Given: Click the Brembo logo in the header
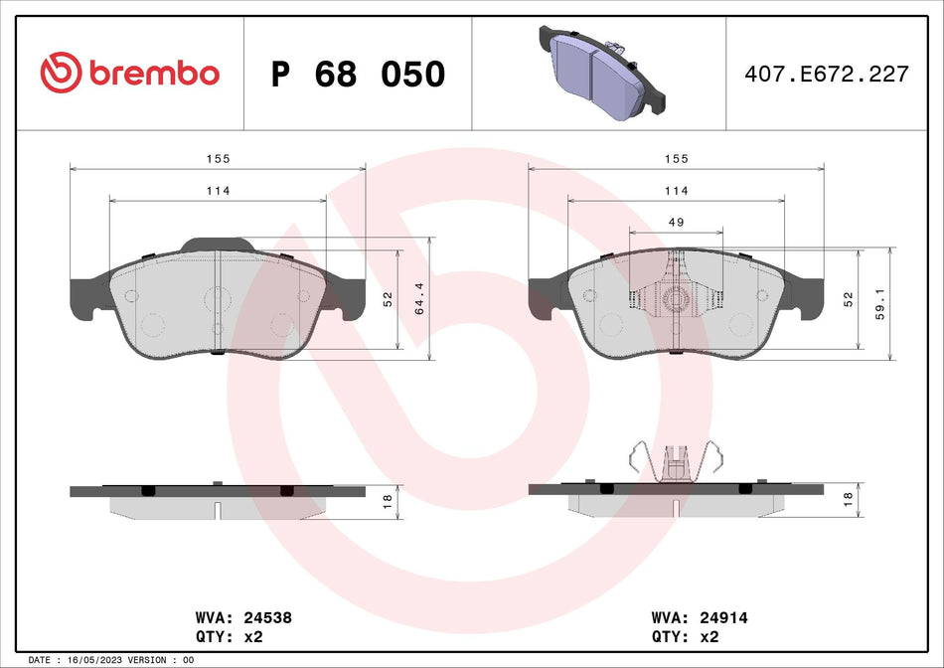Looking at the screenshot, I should coord(129,73).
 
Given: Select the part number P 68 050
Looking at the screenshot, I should coord(358,74).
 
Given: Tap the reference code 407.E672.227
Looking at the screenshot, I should coord(826,74).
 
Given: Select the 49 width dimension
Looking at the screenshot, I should coord(676,222).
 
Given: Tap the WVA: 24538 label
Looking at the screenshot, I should coord(243,617).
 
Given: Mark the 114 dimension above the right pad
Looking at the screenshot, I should coord(676,191).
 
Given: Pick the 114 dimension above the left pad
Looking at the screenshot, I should coord(217,191).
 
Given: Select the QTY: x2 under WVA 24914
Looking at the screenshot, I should coord(686,636).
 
